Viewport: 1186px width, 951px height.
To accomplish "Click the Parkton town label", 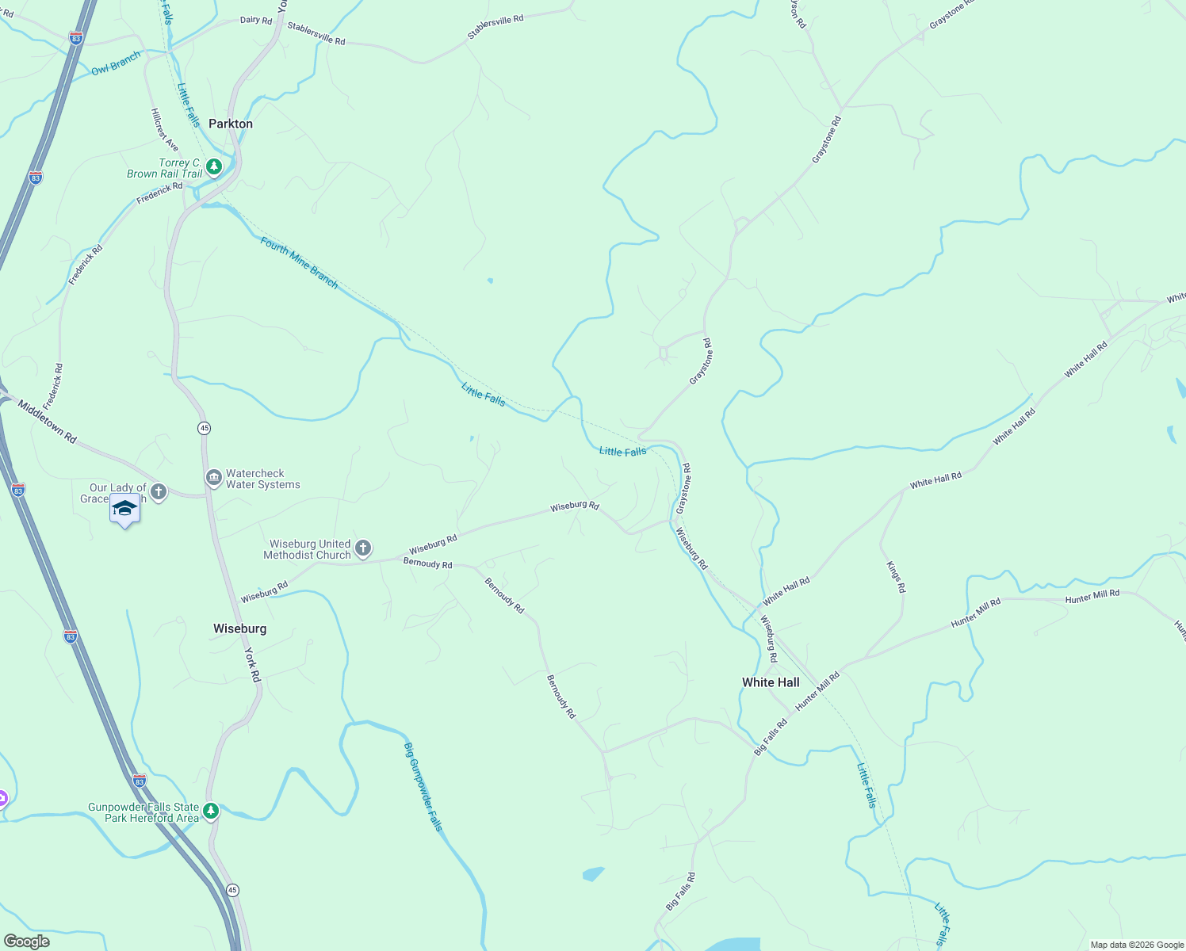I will click(231, 124).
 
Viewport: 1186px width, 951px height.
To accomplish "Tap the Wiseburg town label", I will click(239, 628).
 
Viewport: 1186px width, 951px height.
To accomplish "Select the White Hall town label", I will click(771, 682).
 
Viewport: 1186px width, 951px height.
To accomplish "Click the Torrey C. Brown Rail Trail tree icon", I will click(213, 167).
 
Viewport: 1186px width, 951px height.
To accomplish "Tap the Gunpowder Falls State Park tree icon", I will click(210, 811).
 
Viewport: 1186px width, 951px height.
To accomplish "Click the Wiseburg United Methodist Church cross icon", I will click(362, 548).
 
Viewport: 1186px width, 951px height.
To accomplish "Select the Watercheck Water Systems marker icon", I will click(213, 478).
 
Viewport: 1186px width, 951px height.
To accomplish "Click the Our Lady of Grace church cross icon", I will click(159, 492).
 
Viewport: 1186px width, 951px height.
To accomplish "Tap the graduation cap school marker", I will click(124, 508).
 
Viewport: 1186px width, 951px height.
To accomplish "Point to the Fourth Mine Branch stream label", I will click(299, 263).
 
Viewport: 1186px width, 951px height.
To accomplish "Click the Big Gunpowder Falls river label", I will click(423, 786).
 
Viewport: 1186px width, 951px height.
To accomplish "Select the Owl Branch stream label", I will click(116, 63).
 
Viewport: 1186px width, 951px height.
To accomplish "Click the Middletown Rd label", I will click(47, 422).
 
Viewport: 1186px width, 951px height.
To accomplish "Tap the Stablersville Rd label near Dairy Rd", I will click(316, 34).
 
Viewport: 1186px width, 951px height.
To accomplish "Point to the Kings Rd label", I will click(895, 577).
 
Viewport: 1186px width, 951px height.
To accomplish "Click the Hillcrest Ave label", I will click(165, 130).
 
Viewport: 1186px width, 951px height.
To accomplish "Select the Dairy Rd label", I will click(255, 20).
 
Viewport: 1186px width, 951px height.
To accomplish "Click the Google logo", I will click(26, 941).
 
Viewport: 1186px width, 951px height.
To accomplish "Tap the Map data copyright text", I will click(1137, 945).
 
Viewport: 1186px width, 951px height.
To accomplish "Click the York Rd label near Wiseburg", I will click(252, 665).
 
